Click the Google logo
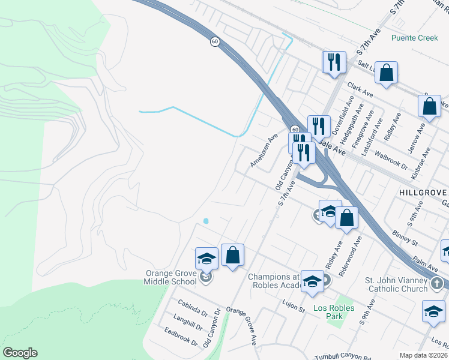coord(20,353)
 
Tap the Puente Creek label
coord(414,38)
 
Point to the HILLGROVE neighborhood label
coord(423,192)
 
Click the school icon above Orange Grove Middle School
coord(206,259)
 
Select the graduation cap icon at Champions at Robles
coord(312,281)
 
